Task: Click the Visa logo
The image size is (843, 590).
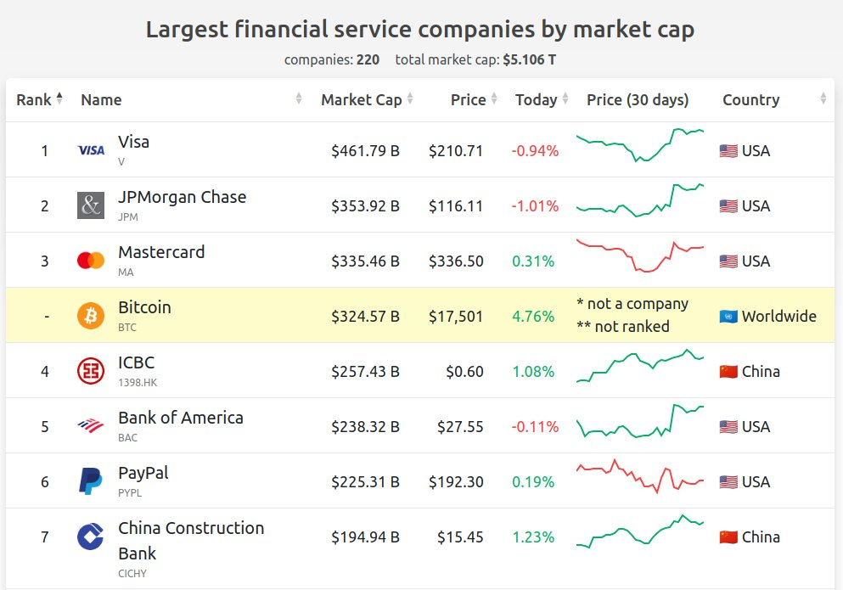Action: [x=91, y=150]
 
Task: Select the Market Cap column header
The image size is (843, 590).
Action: [x=362, y=99]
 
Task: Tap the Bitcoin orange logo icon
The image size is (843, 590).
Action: [x=91, y=316]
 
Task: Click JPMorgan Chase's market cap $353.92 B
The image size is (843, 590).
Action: [x=365, y=206]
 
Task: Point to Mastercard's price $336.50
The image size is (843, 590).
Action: [x=456, y=261]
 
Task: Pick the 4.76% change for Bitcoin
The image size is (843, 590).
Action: [x=533, y=317]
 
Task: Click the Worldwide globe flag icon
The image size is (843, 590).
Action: [x=728, y=317]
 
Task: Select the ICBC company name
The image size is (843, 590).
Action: [x=136, y=362]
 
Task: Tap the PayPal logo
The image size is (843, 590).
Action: [x=90, y=480]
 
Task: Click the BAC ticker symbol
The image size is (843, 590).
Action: [x=127, y=438]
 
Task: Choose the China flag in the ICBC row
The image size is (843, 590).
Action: [x=728, y=372]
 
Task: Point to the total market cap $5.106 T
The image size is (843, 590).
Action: [x=530, y=59]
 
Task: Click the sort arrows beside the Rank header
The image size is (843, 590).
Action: [x=59, y=98]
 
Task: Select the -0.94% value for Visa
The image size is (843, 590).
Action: [x=535, y=151]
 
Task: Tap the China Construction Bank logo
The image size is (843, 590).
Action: [x=90, y=537]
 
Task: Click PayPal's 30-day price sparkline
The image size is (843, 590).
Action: [x=640, y=476]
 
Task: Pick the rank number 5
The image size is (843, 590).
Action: [x=45, y=427]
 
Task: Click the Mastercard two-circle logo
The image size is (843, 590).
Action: [x=91, y=261]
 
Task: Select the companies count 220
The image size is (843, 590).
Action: [x=368, y=59]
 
